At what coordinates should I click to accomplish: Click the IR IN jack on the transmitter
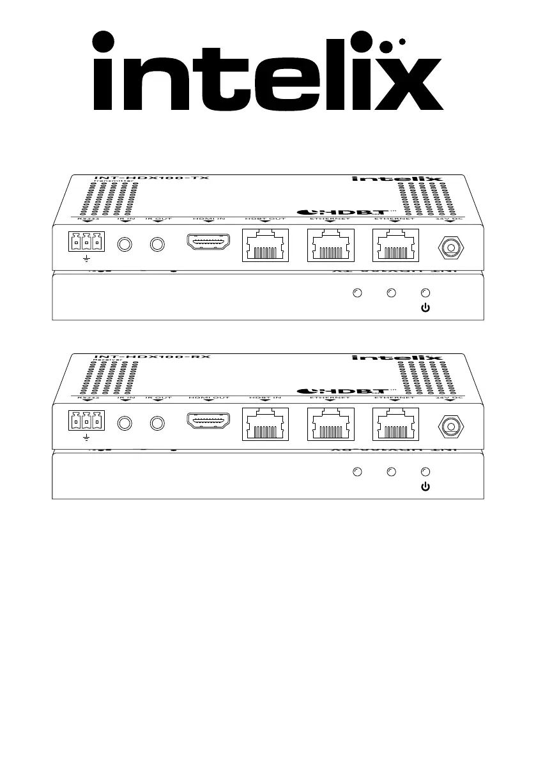[126, 245]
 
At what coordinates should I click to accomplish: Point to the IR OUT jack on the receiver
[157, 424]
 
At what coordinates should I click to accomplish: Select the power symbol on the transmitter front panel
[426, 308]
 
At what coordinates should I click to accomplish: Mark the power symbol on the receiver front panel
[426, 487]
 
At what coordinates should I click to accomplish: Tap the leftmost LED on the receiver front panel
[358, 472]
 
